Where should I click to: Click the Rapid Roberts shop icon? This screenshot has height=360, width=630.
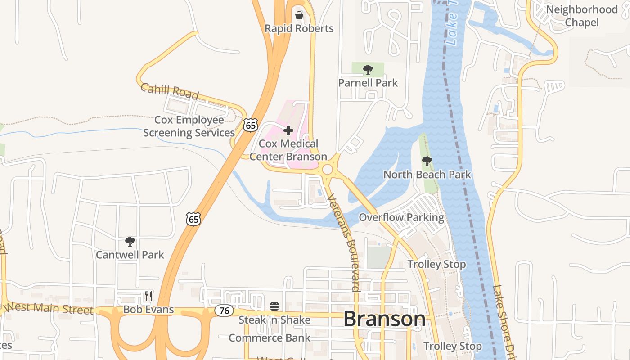[x=299, y=15]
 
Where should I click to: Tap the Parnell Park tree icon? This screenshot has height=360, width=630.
[x=368, y=70]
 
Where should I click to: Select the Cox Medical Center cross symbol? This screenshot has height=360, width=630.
[x=288, y=130]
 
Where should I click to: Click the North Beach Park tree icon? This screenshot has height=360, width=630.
[x=427, y=161]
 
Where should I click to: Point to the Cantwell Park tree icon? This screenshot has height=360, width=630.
[x=130, y=242]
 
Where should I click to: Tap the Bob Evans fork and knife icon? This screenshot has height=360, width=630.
[x=148, y=296]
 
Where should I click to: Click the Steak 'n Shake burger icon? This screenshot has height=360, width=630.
[x=274, y=307]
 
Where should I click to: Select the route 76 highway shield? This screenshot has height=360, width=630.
[x=224, y=310]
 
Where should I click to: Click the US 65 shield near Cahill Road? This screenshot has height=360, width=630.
[x=251, y=125]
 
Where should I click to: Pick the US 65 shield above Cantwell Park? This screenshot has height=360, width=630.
[x=193, y=219]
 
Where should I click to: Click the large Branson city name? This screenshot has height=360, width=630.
[x=384, y=319]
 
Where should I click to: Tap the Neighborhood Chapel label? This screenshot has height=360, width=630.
[x=581, y=16]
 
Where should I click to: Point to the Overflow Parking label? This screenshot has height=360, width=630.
[x=401, y=218]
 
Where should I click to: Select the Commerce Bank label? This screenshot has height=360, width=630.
[x=270, y=337]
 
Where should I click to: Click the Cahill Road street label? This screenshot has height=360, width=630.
[x=170, y=91]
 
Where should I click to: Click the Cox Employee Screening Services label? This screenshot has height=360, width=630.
[x=189, y=126]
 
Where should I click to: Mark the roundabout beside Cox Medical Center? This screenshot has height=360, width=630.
[x=327, y=170]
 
